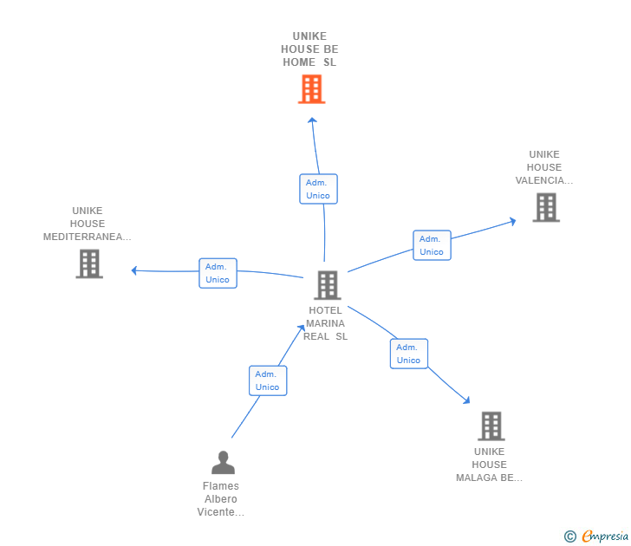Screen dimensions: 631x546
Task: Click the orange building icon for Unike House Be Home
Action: (311, 89)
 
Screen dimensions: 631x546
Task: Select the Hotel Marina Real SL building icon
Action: (327, 285)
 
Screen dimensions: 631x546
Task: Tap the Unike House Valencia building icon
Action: (545, 207)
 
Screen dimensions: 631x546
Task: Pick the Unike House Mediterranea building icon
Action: (89, 263)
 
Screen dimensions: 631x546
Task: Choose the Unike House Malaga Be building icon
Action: (491, 426)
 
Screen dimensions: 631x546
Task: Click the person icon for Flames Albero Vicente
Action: (223, 462)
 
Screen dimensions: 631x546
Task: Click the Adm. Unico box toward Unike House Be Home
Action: (318, 189)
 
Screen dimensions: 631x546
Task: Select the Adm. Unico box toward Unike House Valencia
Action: (431, 245)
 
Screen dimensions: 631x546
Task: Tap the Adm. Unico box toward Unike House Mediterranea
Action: (218, 273)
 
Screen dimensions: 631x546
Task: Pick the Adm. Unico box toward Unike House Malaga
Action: (408, 354)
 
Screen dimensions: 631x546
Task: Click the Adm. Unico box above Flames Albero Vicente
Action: (268, 380)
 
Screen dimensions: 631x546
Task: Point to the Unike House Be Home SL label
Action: (309, 49)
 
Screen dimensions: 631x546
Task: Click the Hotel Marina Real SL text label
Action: (326, 323)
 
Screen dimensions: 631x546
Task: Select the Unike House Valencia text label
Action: (544, 167)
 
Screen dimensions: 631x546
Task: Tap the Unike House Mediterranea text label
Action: (88, 224)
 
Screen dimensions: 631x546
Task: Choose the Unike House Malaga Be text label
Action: (490, 465)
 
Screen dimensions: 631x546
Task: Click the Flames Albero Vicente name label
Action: (221, 499)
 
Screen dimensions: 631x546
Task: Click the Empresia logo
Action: (605, 536)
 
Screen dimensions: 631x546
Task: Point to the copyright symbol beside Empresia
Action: (570, 537)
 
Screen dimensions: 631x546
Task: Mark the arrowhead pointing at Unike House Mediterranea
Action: (135, 270)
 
